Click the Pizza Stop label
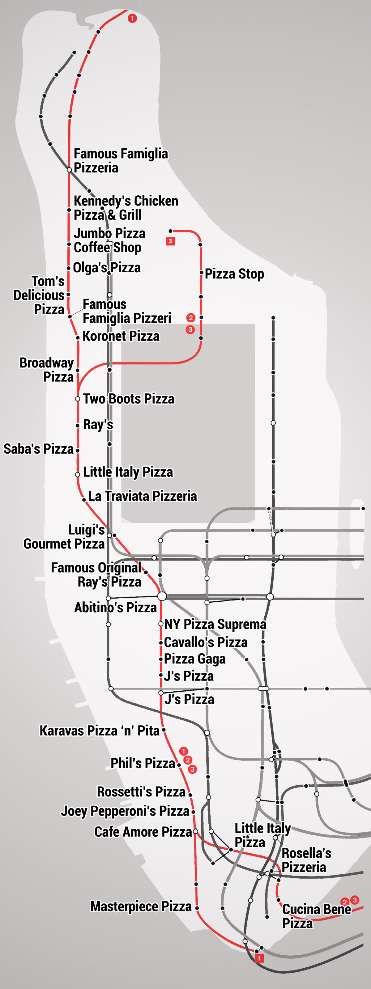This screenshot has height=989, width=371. point(234,274)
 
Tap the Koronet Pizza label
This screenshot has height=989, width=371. point(121,336)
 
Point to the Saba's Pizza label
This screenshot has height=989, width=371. point(38,448)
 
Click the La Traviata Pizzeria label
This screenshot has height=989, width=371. point(143,496)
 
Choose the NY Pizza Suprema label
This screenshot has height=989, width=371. point(215,624)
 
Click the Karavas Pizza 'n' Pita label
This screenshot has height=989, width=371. point(100,730)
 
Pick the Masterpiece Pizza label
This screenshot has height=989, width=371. point(141,906)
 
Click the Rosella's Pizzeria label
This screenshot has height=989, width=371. point(306,860)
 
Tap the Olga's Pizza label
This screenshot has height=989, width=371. point(107,267)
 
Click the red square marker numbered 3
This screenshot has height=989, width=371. point(170,241)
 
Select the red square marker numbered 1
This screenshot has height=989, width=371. point(259,958)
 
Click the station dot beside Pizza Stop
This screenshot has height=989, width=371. point(201,273)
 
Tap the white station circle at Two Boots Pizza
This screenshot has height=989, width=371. point(78,399)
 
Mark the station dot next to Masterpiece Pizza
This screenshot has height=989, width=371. point(197,908)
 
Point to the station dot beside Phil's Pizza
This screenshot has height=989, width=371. point(179,765)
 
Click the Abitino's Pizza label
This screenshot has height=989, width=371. point(116,607)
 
